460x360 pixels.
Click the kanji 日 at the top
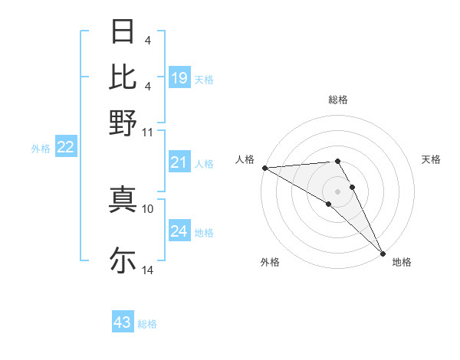click(123, 33)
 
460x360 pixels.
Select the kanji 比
click(123, 77)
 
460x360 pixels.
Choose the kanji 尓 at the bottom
click(123, 260)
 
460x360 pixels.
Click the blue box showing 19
click(179, 77)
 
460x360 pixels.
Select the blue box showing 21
click(179, 162)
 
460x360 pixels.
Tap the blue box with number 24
click(179, 231)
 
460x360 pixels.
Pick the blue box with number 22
click(65, 147)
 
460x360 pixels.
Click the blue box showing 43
click(123, 322)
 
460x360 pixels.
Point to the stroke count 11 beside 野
click(147, 132)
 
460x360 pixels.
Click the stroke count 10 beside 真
click(147, 208)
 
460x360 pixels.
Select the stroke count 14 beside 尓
click(147, 270)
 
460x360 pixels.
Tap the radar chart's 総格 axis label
click(338, 100)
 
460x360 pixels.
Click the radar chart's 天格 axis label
click(431, 159)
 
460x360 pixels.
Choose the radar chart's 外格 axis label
click(269, 263)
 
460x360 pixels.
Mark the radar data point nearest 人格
click(264, 167)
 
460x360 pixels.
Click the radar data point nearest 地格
click(383, 254)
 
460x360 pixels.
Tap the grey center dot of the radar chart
click(338, 191)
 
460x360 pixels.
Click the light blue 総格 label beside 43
click(147, 324)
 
